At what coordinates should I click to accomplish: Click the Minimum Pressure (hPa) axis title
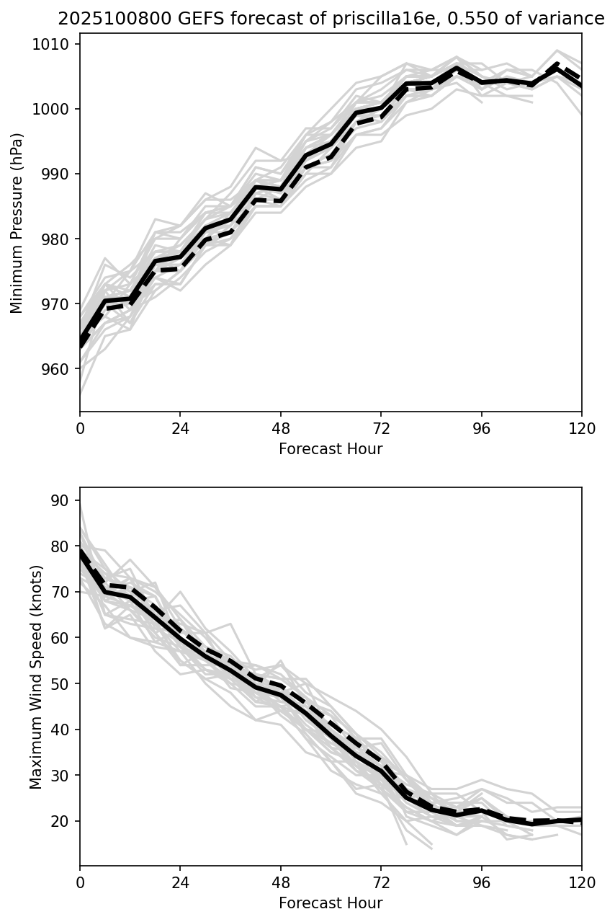17,223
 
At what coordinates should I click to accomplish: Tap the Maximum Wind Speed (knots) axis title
36,677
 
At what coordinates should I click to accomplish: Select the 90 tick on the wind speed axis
63,500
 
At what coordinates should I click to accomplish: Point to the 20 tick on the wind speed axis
63,821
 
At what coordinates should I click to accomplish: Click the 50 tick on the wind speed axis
63,683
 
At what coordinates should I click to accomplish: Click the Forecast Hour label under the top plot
331,449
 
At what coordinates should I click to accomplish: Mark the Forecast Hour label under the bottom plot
331,903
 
